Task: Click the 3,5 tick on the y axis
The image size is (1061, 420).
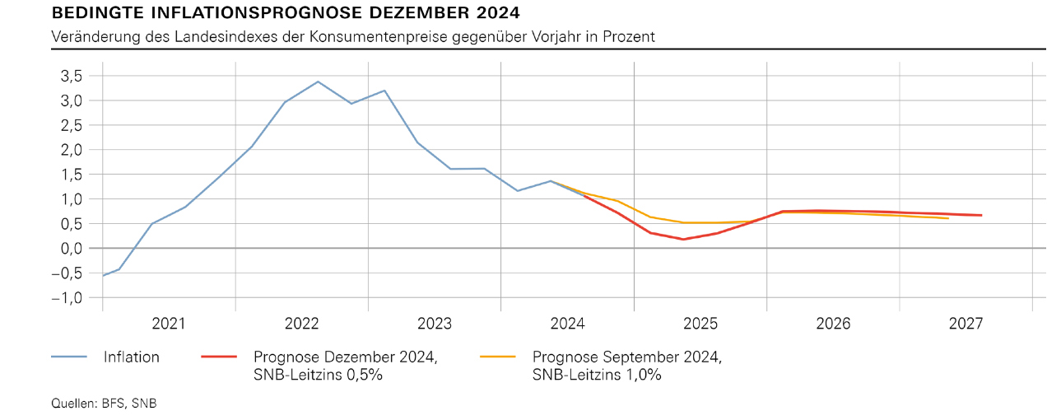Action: pyautogui.click(x=72, y=76)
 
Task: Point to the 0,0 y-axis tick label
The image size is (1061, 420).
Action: pyautogui.click(x=72, y=249)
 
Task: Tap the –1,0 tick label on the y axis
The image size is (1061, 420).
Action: pyautogui.click(x=67, y=297)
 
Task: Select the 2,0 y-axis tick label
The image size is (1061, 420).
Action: pyautogui.click(x=72, y=150)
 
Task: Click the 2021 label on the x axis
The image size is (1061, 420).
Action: pyautogui.click(x=168, y=324)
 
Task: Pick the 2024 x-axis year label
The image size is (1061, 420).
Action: pyautogui.click(x=567, y=324)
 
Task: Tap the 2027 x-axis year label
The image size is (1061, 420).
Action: pyautogui.click(x=966, y=324)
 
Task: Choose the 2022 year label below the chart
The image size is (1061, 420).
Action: pyautogui.click(x=302, y=324)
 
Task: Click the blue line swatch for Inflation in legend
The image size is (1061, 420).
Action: pyautogui.click(x=69, y=357)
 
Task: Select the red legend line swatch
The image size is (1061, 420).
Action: pyautogui.click(x=219, y=357)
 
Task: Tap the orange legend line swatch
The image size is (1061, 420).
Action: pyautogui.click(x=498, y=357)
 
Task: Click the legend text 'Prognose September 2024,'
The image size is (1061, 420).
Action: pyautogui.click(x=627, y=357)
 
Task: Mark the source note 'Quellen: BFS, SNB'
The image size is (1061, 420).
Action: pyautogui.click(x=104, y=404)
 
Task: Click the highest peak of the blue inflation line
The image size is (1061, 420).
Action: pyautogui.click(x=318, y=82)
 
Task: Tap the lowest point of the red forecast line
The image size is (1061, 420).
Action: pyautogui.click(x=683, y=239)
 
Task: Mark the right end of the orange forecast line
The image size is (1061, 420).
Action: pyautogui.click(x=948, y=218)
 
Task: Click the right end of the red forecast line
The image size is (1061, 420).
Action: pyautogui.click(x=981, y=215)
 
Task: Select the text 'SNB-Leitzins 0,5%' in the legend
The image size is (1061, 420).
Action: pyautogui.click(x=318, y=375)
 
